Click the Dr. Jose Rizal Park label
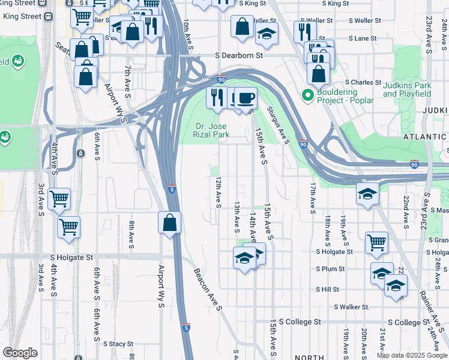click(x=212, y=130)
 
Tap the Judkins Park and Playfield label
click(x=407, y=89)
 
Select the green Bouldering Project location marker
click(x=308, y=95)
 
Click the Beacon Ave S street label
click(x=208, y=289)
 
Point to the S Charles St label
click(x=363, y=82)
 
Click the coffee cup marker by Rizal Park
click(x=244, y=97)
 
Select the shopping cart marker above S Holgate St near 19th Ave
click(x=376, y=242)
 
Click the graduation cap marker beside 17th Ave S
click(x=367, y=193)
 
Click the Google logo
click(x=20, y=353)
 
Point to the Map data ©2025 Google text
click(x=412, y=355)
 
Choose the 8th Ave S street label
click(x=131, y=233)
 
